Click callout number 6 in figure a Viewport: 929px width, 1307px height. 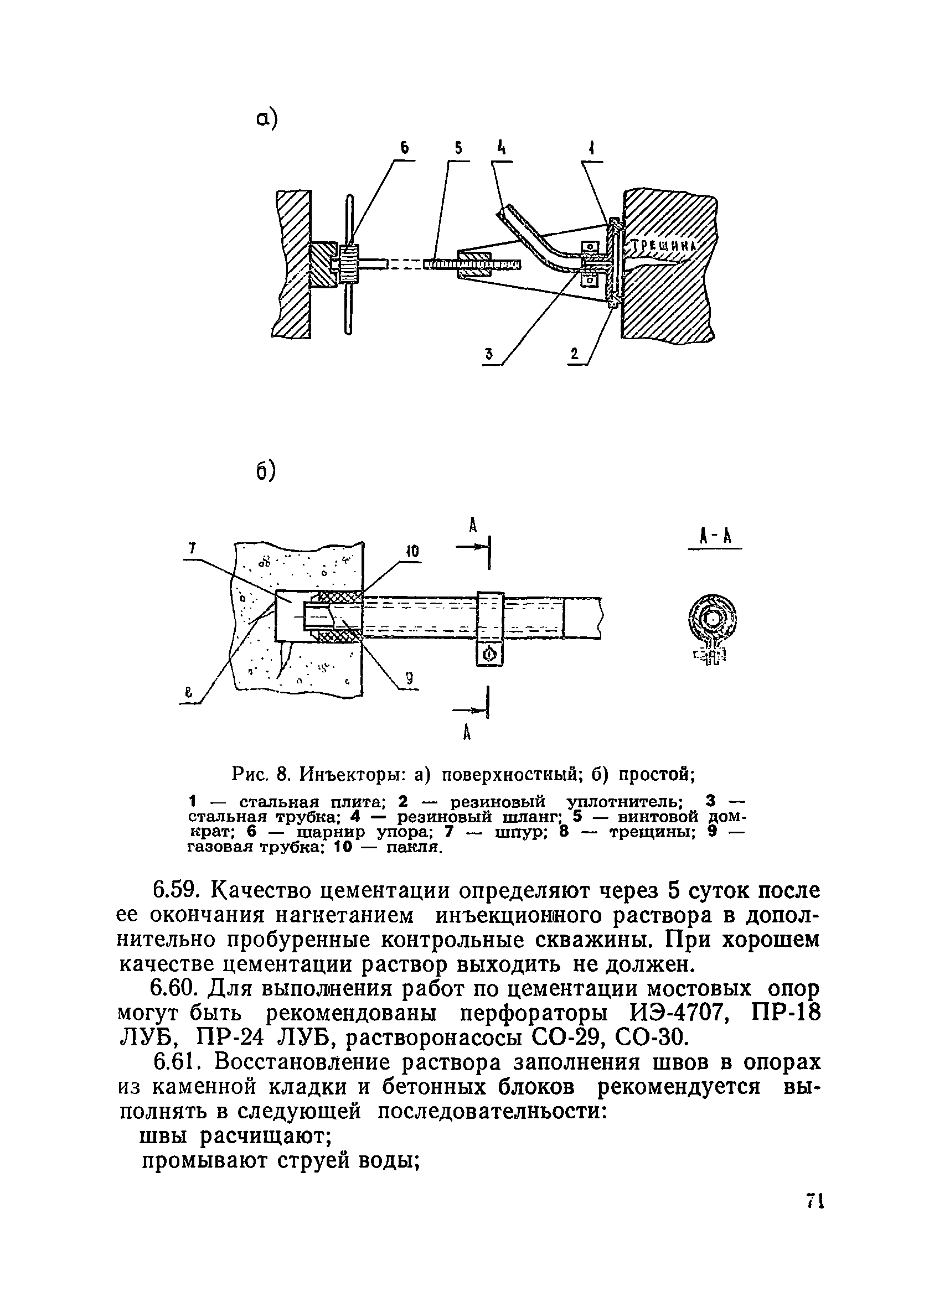pyautogui.click(x=405, y=149)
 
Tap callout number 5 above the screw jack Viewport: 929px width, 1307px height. pyautogui.click(x=458, y=149)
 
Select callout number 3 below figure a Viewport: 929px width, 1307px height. pyautogui.click(x=488, y=355)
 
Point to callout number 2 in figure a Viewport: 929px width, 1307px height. pyautogui.click(x=574, y=355)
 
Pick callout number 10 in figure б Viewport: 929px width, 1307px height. pyautogui.click(x=412, y=552)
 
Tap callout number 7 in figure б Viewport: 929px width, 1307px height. pyautogui.click(x=192, y=548)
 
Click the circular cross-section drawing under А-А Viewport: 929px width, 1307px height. pyautogui.click(x=713, y=620)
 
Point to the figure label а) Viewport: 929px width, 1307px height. pyautogui.click(x=266, y=120)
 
